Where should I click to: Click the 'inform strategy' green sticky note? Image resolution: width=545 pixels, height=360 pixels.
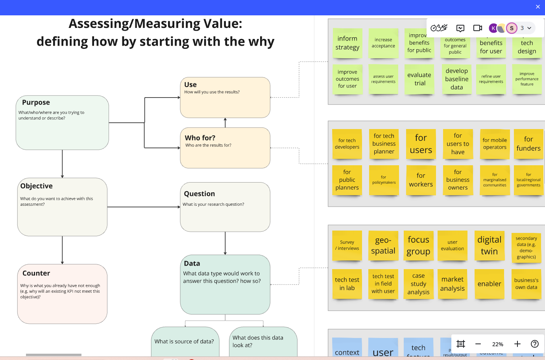pyautogui.click(x=347, y=43)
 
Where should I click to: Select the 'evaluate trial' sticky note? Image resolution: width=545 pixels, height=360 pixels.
pyautogui.click(x=419, y=79)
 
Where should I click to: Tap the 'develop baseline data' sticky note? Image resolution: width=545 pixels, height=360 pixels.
pyautogui.click(x=456, y=79)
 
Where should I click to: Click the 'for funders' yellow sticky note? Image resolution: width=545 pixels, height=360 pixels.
pyautogui.click(x=528, y=144)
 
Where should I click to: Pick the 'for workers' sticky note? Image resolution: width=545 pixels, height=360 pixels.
pyautogui.click(x=421, y=180)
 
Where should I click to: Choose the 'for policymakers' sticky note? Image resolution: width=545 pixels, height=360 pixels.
pyautogui.click(x=384, y=180)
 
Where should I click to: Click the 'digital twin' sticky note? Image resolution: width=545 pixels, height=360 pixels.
pyautogui.click(x=489, y=246)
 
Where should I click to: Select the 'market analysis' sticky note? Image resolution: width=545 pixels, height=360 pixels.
pyautogui.click(x=453, y=284)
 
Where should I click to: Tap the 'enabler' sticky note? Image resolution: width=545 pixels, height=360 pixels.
pyautogui.click(x=489, y=284)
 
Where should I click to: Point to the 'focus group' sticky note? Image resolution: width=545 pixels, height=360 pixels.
pyautogui.click(x=418, y=246)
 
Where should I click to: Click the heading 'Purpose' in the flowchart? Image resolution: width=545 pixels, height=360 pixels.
pyautogui.click(x=36, y=102)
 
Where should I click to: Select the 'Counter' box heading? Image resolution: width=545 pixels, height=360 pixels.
pyautogui.click(x=36, y=273)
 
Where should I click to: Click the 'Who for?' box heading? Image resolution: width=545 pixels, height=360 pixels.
pyautogui.click(x=200, y=138)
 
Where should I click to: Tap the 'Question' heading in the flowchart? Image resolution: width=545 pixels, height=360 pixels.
pyautogui.click(x=200, y=194)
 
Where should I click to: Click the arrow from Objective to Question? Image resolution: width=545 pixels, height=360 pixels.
pyautogui.click(x=144, y=207)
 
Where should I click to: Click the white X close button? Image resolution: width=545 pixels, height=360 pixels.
pyautogui.click(x=538, y=7)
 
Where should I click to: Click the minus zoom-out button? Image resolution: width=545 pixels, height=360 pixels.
pyautogui.click(x=478, y=344)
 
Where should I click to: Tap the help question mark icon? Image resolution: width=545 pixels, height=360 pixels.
pyautogui.click(x=535, y=344)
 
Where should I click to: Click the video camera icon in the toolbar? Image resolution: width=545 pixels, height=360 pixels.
pyautogui.click(x=478, y=28)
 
